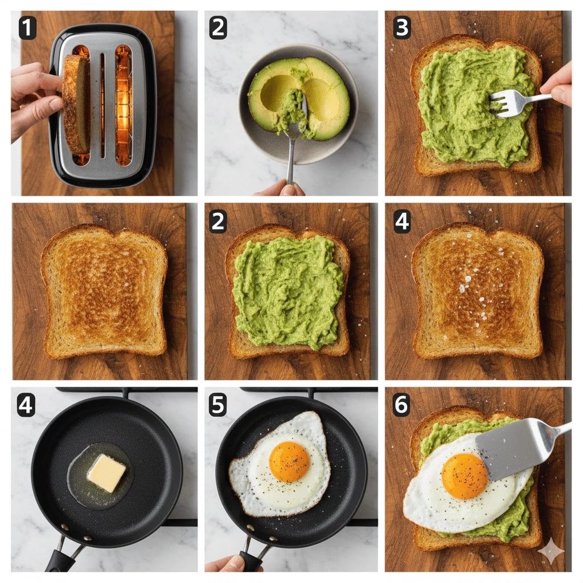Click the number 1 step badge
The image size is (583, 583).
(27, 28)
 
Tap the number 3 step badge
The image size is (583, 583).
(402, 27)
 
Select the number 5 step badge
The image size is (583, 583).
(218, 405)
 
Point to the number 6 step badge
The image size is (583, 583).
(401, 405)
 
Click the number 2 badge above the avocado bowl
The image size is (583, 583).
(218, 28)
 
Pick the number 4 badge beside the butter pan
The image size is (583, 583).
(26, 405)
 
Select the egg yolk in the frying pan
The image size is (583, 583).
(289, 461)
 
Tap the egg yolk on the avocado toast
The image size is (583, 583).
(465, 477)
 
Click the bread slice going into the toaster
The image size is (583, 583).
(76, 104)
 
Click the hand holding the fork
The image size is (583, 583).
(559, 84)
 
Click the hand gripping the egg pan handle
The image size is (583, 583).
(232, 564)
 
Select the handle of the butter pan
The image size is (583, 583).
(61, 554)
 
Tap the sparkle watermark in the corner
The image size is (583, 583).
(551, 551)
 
